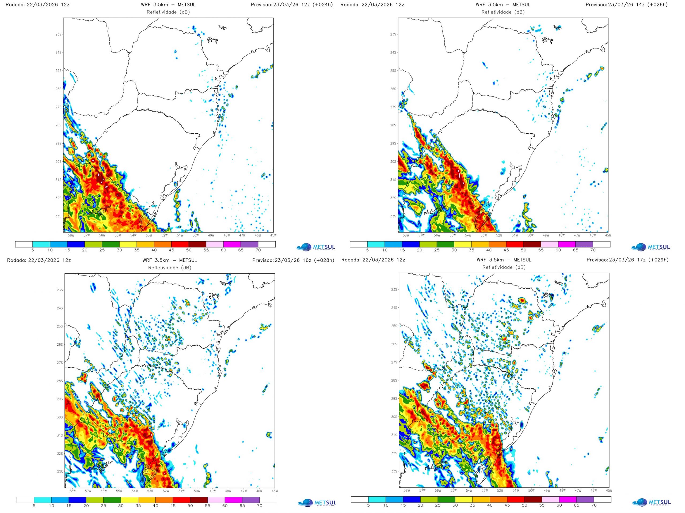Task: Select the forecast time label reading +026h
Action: click(658, 5)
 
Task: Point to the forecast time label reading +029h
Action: click(659, 260)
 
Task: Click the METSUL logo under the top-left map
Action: click(315, 247)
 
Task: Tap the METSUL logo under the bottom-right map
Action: click(652, 502)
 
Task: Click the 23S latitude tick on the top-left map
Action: click(59, 34)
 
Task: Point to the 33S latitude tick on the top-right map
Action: click(393, 216)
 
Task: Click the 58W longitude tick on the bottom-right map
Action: click(407, 491)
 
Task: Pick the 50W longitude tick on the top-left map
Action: click(195, 235)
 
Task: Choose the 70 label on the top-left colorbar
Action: click(258, 250)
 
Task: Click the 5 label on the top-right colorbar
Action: click(367, 250)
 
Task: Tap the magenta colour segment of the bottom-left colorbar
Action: click(234, 500)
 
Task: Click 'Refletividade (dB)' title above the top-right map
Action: click(503, 12)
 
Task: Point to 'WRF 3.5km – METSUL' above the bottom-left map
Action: click(169, 260)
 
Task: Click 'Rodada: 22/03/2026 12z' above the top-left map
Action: click(37, 5)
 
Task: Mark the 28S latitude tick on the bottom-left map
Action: click(60, 381)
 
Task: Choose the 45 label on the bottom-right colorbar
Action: click(507, 505)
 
